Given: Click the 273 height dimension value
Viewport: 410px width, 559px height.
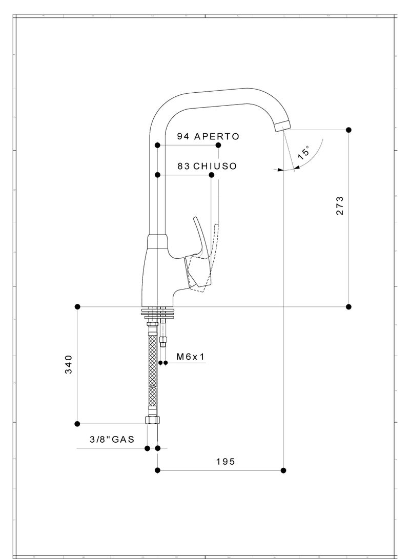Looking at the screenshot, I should click(x=340, y=205).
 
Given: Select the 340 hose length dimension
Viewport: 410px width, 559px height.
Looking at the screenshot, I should click(x=69, y=364).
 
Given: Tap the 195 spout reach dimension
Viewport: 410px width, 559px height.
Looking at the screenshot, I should click(x=225, y=462).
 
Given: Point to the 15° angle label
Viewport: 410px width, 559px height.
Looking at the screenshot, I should click(x=303, y=153).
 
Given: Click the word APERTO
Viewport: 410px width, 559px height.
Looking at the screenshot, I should click(x=216, y=136).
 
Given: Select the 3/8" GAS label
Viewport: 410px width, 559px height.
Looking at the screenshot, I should click(x=112, y=439).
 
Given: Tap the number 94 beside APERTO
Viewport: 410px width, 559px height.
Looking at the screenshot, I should click(x=183, y=136).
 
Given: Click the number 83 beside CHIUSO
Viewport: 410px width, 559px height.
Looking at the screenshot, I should click(x=184, y=167).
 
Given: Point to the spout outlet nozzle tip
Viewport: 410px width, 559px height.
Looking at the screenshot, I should click(x=282, y=126).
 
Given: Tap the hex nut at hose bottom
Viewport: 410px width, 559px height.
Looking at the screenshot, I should click(x=152, y=420).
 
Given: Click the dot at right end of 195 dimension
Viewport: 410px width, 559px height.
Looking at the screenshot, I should click(x=284, y=470).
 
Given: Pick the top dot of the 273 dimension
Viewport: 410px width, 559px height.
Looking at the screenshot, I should click(x=348, y=130).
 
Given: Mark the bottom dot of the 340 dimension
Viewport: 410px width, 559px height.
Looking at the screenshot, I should click(x=77, y=424).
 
